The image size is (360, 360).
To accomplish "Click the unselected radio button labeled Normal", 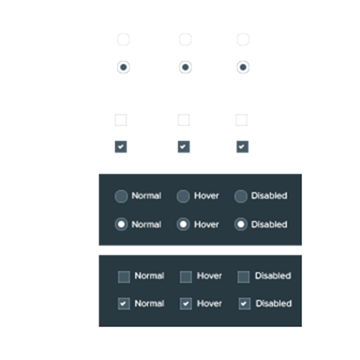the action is (121, 196).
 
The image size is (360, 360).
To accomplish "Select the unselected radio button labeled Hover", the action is (183, 196).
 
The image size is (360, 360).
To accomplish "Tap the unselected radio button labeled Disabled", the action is (241, 196).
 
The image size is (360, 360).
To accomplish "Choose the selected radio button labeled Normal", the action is (121, 224).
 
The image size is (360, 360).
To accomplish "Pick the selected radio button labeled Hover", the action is (183, 224).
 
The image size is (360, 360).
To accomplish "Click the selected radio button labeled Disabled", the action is (241, 224).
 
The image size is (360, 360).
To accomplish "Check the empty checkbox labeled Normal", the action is (124, 276).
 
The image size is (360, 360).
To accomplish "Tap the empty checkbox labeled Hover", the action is (186, 276).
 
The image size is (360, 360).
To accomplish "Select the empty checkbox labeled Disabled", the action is (243, 276).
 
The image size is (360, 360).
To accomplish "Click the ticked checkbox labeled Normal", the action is (124, 304).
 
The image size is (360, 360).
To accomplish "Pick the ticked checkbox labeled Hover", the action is (186, 304).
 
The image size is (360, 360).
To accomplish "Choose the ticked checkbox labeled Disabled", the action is (244, 304).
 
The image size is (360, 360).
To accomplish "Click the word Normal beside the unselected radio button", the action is (146, 196).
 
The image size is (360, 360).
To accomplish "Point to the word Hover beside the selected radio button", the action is (206, 224).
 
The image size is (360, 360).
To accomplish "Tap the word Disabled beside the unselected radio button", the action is (269, 195).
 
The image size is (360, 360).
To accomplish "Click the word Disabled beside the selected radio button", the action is (269, 224).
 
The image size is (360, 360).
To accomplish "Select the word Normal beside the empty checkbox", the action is (149, 275).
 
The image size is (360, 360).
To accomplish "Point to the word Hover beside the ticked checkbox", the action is (209, 303).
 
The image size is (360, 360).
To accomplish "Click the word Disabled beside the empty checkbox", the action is (273, 275).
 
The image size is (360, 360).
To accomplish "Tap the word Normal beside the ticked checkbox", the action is (149, 303).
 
